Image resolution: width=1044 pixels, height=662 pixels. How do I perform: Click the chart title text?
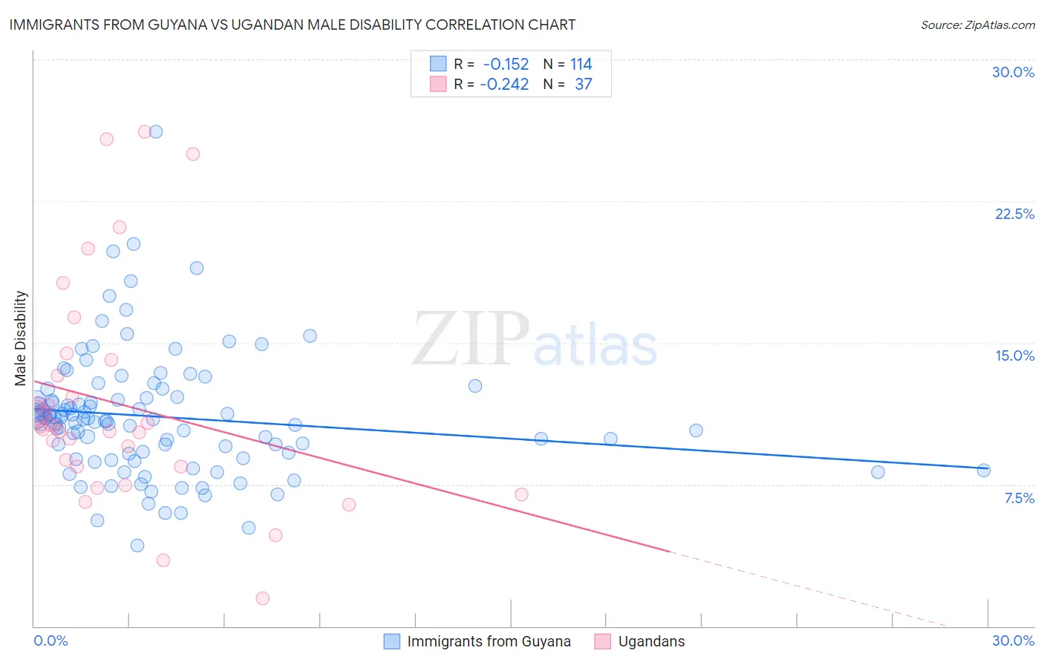[292, 24]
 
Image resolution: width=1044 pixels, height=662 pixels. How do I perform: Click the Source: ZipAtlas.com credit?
[977, 24]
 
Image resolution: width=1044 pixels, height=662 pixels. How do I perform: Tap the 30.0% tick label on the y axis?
[1013, 72]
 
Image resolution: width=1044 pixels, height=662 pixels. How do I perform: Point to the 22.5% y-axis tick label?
[1014, 214]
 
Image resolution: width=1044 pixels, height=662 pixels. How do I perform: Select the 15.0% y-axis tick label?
[1014, 355]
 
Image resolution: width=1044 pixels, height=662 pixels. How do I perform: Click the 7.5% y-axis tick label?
[1019, 498]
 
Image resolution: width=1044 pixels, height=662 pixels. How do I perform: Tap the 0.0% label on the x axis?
[51, 640]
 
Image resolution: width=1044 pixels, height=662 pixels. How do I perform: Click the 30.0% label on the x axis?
[1013, 640]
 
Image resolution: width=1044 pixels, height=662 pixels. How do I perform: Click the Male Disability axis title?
[21, 338]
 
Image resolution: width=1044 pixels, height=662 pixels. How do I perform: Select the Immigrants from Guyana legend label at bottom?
[489, 641]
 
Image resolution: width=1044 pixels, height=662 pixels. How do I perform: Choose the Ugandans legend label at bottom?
[651, 641]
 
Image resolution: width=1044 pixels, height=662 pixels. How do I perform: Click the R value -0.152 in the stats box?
[506, 64]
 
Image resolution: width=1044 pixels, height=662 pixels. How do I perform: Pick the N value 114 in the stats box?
[581, 64]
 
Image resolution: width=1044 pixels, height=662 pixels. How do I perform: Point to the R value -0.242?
[504, 84]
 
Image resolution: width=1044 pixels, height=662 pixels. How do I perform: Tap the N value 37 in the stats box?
[584, 84]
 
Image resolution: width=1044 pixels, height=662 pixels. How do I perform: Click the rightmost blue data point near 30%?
[984, 470]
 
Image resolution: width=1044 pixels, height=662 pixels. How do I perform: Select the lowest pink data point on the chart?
[262, 598]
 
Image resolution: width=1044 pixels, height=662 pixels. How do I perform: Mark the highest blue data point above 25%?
[156, 131]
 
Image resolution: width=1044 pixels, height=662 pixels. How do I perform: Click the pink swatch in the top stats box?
[438, 84]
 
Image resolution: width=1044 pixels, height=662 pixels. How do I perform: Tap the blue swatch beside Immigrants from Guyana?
[391, 641]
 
